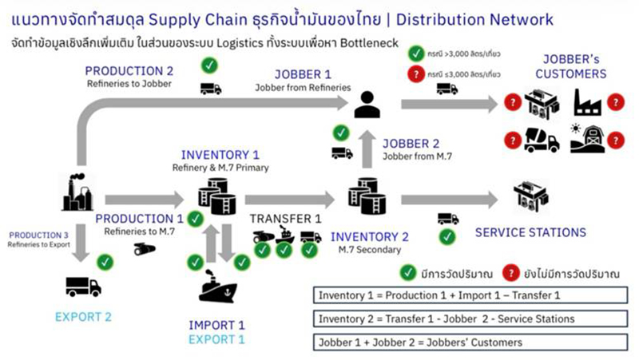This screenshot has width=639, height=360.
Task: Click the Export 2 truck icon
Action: [x=81, y=286]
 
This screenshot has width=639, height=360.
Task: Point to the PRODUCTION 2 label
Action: [x=130, y=70]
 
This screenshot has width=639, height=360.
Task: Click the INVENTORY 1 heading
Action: [x=220, y=154]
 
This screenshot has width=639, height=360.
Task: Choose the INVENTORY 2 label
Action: [x=370, y=236]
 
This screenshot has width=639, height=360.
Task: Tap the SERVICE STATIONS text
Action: [x=530, y=232]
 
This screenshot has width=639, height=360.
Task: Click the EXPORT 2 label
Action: [x=83, y=317]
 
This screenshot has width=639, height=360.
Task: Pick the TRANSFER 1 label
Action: [x=285, y=218]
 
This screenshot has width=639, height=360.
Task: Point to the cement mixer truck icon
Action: [x=542, y=140]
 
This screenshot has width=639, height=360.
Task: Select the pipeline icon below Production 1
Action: [x=145, y=249]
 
